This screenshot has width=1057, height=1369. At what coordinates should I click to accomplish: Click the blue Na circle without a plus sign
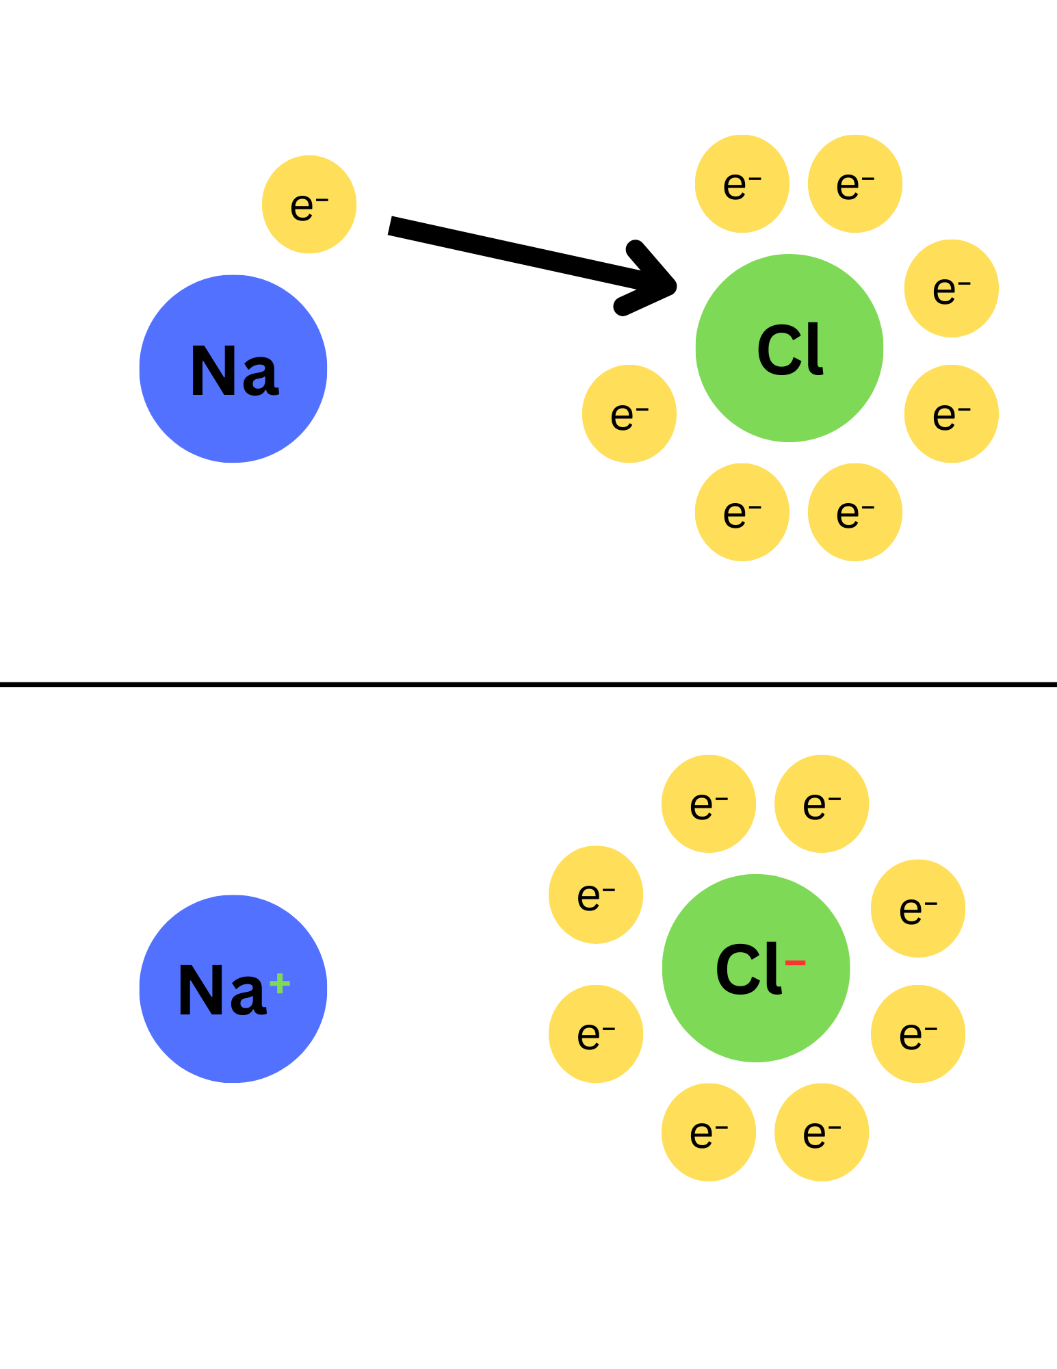coord(233,369)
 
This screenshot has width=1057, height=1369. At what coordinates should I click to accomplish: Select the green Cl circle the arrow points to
coord(790,348)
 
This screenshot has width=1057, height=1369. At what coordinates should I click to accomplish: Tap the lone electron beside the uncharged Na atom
coord(309,205)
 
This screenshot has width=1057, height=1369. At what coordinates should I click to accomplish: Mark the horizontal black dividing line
coord(528,684)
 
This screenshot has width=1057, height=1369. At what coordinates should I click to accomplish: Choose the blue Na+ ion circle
coord(233,988)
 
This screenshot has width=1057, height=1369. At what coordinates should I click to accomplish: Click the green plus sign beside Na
coord(280,984)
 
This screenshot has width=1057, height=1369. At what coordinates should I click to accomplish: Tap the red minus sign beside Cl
coord(795,963)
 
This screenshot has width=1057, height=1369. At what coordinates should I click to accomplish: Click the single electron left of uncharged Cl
coord(629,413)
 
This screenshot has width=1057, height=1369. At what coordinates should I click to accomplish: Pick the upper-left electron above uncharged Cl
coord(742,184)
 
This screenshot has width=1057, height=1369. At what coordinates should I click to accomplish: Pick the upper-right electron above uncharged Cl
coord(855,184)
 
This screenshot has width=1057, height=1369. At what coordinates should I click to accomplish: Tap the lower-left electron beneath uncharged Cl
coord(742,513)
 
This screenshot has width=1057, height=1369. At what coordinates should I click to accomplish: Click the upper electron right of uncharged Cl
coord(952,288)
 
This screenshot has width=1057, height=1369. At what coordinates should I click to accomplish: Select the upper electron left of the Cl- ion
coord(596,895)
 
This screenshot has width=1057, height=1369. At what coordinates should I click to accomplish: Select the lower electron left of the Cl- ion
coord(596,1034)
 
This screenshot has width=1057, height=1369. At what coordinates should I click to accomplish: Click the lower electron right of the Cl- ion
coord(918,1034)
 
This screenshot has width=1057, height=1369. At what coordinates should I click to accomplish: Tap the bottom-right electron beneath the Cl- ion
coord(822,1132)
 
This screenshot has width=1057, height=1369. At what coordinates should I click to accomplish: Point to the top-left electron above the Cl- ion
coord(709,804)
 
